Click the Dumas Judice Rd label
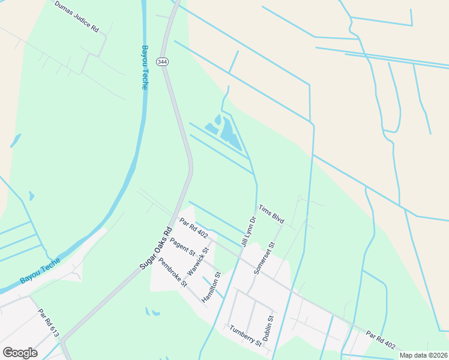click(76, 16)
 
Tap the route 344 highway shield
click(161, 62)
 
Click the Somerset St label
click(264, 259)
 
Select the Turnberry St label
click(246, 336)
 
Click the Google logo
click(20, 352)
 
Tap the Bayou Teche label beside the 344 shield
click(145, 67)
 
